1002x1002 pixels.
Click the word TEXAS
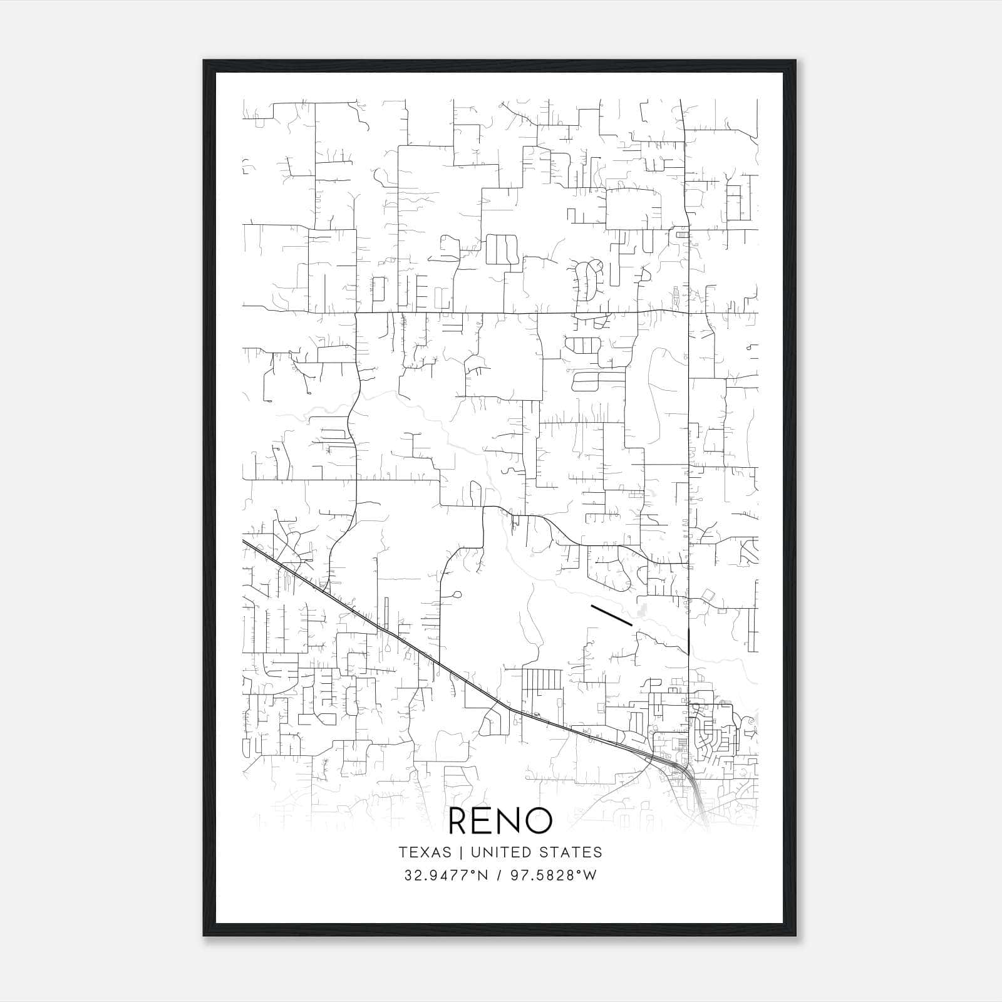tap(425, 852)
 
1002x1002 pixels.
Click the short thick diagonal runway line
tap(611, 615)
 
